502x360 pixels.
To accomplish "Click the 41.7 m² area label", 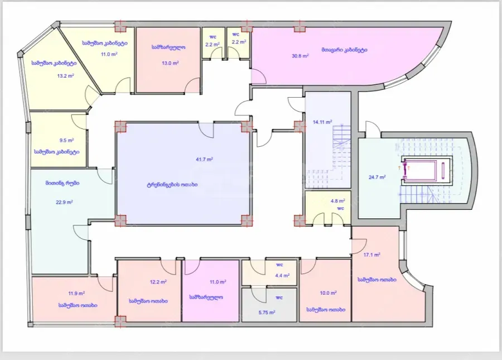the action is pyautogui.click(x=205, y=159).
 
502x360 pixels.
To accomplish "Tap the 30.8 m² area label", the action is pyautogui.click(x=300, y=56).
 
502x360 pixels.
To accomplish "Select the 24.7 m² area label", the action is pyautogui.click(x=377, y=177).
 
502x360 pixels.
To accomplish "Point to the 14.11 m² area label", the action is pyautogui.click(x=322, y=122).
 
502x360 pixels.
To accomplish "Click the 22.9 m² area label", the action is pyautogui.click(x=64, y=202).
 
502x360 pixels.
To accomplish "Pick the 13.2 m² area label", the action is pyautogui.click(x=66, y=76).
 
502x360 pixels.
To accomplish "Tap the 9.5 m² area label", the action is pyautogui.click(x=66, y=140).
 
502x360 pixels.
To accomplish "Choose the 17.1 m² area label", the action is pyautogui.click(x=372, y=255).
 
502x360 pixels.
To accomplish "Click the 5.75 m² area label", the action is pyautogui.click(x=267, y=312).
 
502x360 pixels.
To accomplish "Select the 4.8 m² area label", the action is pyautogui.click(x=338, y=201).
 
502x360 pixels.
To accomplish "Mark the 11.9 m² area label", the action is pyautogui.click(x=76, y=293).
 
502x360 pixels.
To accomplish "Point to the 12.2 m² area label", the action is pyautogui.click(x=158, y=282).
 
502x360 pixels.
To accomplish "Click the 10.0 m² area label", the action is pyautogui.click(x=328, y=292).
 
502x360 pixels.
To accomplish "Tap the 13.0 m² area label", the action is pyautogui.click(x=170, y=63).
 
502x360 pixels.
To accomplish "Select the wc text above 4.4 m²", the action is pyautogui.click(x=279, y=265).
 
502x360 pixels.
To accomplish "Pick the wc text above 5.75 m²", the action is pyautogui.click(x=279, y=297).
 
